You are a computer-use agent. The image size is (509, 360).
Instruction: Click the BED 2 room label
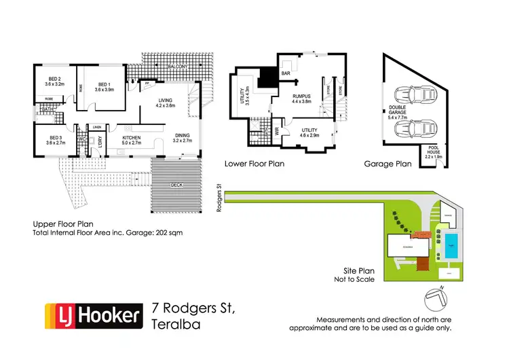(50, 80)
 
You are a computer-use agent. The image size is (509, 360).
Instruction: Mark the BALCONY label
(178, 66)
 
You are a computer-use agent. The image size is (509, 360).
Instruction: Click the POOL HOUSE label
(432, 154)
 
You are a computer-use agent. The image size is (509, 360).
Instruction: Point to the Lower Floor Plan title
(254, 164)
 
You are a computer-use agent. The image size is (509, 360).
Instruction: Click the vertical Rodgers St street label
(219, 198)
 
